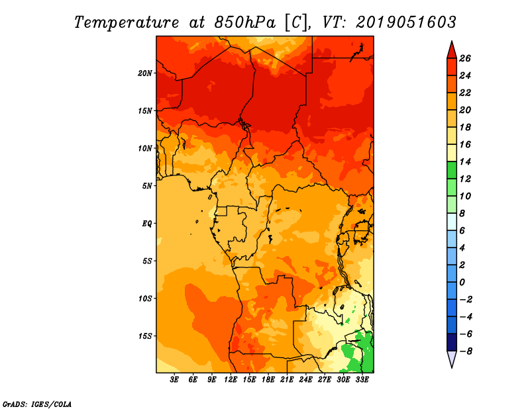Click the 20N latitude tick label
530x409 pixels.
(145, 73)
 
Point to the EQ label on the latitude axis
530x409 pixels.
(146, 223)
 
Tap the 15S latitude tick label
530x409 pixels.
(145, 336)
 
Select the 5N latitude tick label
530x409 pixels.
(147, 186)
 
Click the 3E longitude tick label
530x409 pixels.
(174, 379)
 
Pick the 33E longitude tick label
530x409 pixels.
(362, 379)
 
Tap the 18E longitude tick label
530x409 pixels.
(268, 379)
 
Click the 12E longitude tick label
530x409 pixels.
(231, 379)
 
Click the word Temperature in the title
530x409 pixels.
(127, 23)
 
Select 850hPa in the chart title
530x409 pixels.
(245, 23)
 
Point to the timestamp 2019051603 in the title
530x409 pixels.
(406, 23)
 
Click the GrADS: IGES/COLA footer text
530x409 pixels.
(37, 404)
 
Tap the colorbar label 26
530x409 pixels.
(465, 58)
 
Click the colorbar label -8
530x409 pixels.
(466, 351)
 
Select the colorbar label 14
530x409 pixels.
(465, 161)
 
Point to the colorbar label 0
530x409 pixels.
(462, 283)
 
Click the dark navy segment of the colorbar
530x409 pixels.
(452, 342)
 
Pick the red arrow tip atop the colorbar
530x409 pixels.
(452, 41)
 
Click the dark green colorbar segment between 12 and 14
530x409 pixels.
(452, 170)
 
